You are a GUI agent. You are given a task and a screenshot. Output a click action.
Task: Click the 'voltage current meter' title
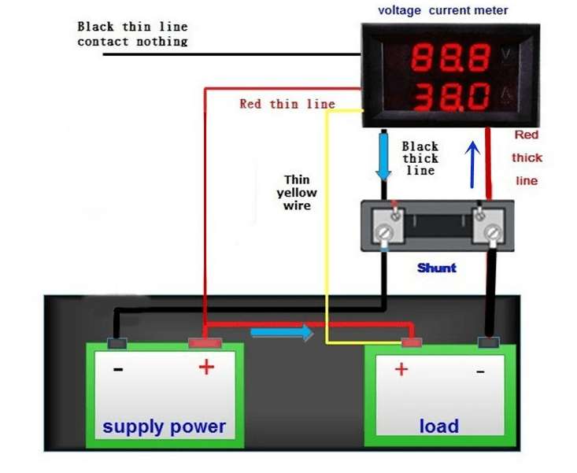point(443,10)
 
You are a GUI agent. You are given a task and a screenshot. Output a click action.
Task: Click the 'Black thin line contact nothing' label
point(132,34)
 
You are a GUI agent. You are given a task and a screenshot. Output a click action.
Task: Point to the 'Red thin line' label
point(287,104)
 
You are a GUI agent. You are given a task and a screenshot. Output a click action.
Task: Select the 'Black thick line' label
point(420,158)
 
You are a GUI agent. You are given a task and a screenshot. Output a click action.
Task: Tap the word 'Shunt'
point(437,268)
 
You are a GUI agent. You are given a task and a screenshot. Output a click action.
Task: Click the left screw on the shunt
point(384,233)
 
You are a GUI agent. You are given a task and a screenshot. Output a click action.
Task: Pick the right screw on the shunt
point(491,233)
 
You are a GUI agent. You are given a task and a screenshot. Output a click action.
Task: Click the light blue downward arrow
point(383,157)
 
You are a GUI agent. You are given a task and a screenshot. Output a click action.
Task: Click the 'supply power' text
point(164,427)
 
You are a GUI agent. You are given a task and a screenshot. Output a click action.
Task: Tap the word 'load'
point(438,426)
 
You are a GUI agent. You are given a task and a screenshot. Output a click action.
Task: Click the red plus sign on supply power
point(206,367)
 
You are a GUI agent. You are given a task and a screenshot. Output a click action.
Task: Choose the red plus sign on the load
point(401,369)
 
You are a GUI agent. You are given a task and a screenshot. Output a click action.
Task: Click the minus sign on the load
point(479,370)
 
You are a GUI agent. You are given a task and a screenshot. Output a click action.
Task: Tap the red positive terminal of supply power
point(205,343)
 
